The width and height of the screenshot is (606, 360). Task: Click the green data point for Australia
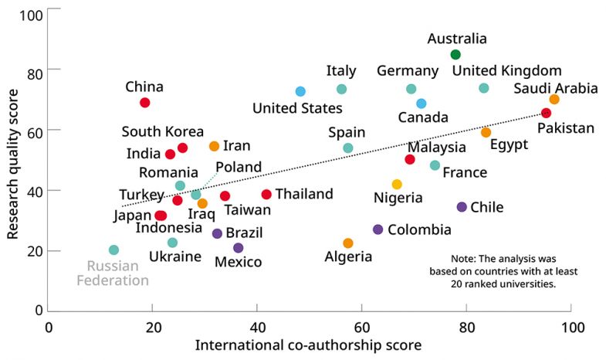tap(455, 54)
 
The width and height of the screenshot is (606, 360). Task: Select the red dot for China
tap(145, 103)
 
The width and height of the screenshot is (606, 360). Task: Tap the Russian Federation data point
tap(113, 250)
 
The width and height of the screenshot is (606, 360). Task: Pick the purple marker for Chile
tap(462, 207)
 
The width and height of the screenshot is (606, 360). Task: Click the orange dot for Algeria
tap(348, 243)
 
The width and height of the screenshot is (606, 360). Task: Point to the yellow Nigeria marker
tap(397, 185)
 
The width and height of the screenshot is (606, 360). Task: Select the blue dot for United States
tap(300, 92)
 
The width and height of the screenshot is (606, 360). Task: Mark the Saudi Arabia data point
tap(554, 100)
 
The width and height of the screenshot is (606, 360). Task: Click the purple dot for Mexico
tap(238, 248)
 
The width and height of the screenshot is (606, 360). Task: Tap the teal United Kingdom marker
tap(484, 88)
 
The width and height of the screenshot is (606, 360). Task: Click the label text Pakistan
tap(566, 128)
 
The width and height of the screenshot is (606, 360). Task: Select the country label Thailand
tap(304, 194)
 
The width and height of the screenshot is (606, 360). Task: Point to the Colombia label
tap(419, 229)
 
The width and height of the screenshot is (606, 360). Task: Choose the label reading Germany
tap(408, 71)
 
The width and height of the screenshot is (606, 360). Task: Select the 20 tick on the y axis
tap(33, 251)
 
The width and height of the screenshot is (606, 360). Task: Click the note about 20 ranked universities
tap(503, 271)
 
